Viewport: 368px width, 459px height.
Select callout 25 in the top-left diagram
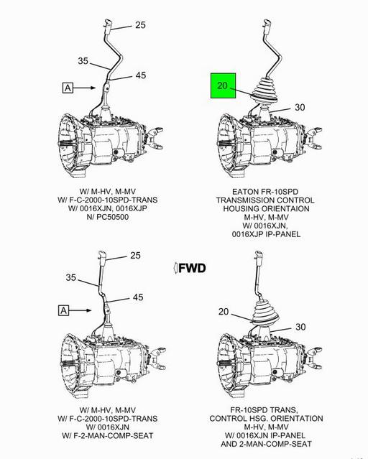[139, 24]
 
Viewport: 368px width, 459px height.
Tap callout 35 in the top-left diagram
[83, 62]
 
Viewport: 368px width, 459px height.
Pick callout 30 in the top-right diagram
[299, 107]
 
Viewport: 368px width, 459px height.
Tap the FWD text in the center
[192, 269]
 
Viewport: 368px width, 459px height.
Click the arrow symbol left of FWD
[175, 269]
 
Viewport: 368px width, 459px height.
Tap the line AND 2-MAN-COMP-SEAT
[267, 445]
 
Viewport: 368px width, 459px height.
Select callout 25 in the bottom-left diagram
[136, 255]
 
